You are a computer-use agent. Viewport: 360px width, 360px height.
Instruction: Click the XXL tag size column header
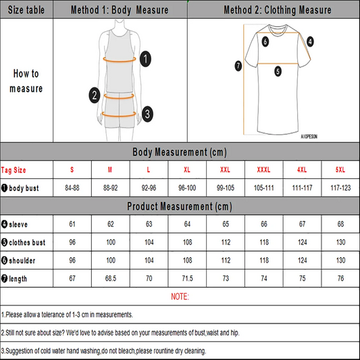click(226, 169)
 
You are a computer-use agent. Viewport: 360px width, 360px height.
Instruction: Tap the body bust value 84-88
click(72, 187)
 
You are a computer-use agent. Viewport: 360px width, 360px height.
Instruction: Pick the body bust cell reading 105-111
click(265, 187)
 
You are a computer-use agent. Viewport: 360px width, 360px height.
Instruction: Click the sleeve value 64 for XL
click(188, 223)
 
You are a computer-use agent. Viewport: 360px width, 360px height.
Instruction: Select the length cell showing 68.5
click(111, 278)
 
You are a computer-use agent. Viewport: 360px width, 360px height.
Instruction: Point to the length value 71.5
click(188, 278)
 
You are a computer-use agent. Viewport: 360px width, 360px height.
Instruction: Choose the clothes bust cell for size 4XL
click(303, 241)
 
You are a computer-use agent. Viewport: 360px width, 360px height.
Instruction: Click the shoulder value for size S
click(72, 260)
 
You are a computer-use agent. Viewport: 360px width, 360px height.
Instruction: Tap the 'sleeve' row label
click(16, 223)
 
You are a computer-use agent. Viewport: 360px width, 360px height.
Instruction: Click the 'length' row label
click(16, 278)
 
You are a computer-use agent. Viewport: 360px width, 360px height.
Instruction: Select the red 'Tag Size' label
click(14, 169)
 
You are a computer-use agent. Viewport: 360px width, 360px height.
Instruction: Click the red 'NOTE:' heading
click(180, 297)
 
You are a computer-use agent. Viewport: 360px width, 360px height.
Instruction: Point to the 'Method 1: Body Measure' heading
click(120, 10)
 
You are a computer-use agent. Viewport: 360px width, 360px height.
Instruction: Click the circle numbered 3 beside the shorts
click(147, 113)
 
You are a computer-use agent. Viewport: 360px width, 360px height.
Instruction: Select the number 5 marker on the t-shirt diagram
click(278, 70)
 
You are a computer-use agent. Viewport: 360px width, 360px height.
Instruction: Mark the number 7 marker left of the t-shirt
click(238, 66)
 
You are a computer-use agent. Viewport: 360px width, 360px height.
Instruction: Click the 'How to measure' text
click(26, 81)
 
